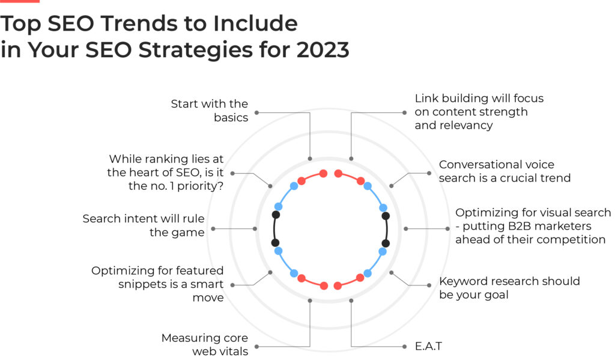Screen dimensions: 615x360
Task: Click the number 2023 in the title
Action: pyautogui.click(x=323, y=50)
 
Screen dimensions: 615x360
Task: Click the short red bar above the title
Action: pyautogui.click(x=20, y=1)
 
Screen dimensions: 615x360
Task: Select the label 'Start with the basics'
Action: pyautogui.click(x=210, y=111)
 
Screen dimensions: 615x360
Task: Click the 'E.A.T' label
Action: pyautogui.click(x=428, y=346)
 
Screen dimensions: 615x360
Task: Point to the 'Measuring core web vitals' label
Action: pyautogui.click(x=205, y=344)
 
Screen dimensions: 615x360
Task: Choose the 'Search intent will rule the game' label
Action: pyautogui.click(x=144, y=225)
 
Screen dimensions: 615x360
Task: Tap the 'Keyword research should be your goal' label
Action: pyautogui.click(x=509, y=288)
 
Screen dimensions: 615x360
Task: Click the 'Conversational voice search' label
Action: pyautogui.click(x=504, y=171)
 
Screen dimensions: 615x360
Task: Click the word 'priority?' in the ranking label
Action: pyautogui.click(x=200, y=186)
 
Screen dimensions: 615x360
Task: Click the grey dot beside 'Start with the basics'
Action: pyautogui.click(x=256, y=112)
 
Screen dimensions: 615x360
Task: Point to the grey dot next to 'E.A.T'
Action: pyautogui.click(x=404, y=347)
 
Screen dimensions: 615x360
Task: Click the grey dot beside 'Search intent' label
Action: pyautogui.click(x=213, y=228)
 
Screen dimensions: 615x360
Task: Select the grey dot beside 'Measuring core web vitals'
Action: pyautogui.click(x=256, y=347)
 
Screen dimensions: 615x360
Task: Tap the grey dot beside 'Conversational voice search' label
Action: pyautogui.click(x=429, y=173)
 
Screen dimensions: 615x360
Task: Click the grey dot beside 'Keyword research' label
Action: pyautogui.click(x=429, y=285)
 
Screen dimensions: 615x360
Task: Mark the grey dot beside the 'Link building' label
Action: pyautogui.click(x=404, y=112)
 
